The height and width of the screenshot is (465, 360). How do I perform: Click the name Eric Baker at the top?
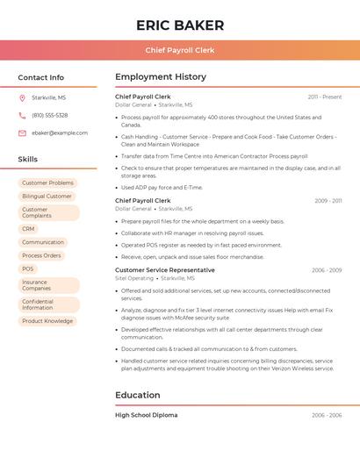pyautogui.click(x=180, y=25)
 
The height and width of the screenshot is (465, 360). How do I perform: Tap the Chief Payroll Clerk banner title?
pyautogui.click(x=180, y=50)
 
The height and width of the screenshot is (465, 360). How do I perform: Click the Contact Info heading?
pyautogui.click(x=40, y=77)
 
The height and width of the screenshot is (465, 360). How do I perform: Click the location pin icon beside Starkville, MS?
pyautogui.click(x=22, y=97)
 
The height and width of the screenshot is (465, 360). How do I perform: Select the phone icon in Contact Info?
pyautogui.click(x=22, y=115)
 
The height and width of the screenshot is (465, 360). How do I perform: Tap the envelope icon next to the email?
pyautogui.click(x=22, y=133)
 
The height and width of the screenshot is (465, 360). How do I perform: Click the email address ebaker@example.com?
pyautogui.click(x=60, y=133)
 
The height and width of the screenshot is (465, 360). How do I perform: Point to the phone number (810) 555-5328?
pyautogui.click(x=50, y=115)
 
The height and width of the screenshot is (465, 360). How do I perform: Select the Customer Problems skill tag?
pyautogui.click(x=47, y=182)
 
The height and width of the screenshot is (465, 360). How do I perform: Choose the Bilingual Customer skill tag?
pyautogui.click(x=47, y=197)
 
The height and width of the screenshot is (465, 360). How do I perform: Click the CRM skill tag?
pyautogui.click(x=28, y=229)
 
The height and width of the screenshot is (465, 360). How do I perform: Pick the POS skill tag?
pyautogui.click(x=28, y=269)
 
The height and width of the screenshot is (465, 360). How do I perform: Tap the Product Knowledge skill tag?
pyautogui.click(x=47, y=321)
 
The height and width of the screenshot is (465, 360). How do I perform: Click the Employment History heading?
pyautogui.click(x=161, y=77)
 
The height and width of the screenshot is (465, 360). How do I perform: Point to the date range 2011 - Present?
pyautogui.click(x=325, y=97)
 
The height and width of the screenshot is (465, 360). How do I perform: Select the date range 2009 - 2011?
pyautogui.click(x=328, y=201)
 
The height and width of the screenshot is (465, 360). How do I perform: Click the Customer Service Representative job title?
pyautogui.click(x=165, y=270)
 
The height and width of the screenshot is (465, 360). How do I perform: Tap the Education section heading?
pyautogui.click(x=137, y=396)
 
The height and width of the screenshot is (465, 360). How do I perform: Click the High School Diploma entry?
pyautogui.click(x=146, y=415)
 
